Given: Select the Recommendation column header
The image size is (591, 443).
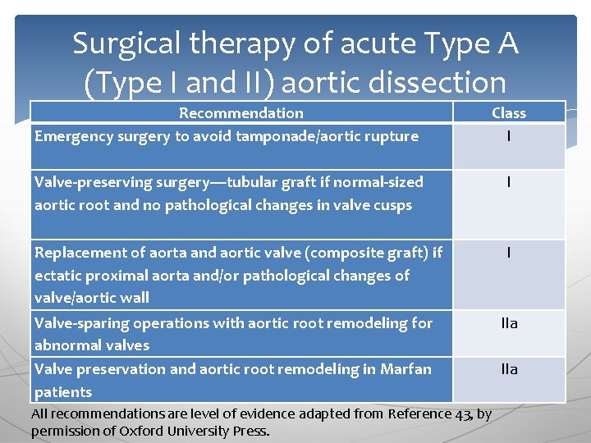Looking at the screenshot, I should pyautogui.click(x=241, y=113).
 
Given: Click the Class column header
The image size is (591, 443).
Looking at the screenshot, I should pyautogui.click(x=509, y=113).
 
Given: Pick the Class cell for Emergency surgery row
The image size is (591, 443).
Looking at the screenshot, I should pyautogui.click(x=509, y=137).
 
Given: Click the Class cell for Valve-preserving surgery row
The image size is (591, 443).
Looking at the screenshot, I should pyautogui.click(x=509, y=183).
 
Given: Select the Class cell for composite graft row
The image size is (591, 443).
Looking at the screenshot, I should pyautogui.click(x=509, y=253).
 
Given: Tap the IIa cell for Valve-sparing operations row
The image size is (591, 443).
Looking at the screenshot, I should pyautogui.click(x=509, y=324).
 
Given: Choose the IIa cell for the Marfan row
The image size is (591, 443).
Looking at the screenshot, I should pyautogui.click(x=509, y=370).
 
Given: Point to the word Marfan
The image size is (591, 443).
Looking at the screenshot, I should pyautogui.click(x=405, y=369).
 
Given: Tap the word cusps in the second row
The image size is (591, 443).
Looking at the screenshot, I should pyautogui.click(x=392, y=205).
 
